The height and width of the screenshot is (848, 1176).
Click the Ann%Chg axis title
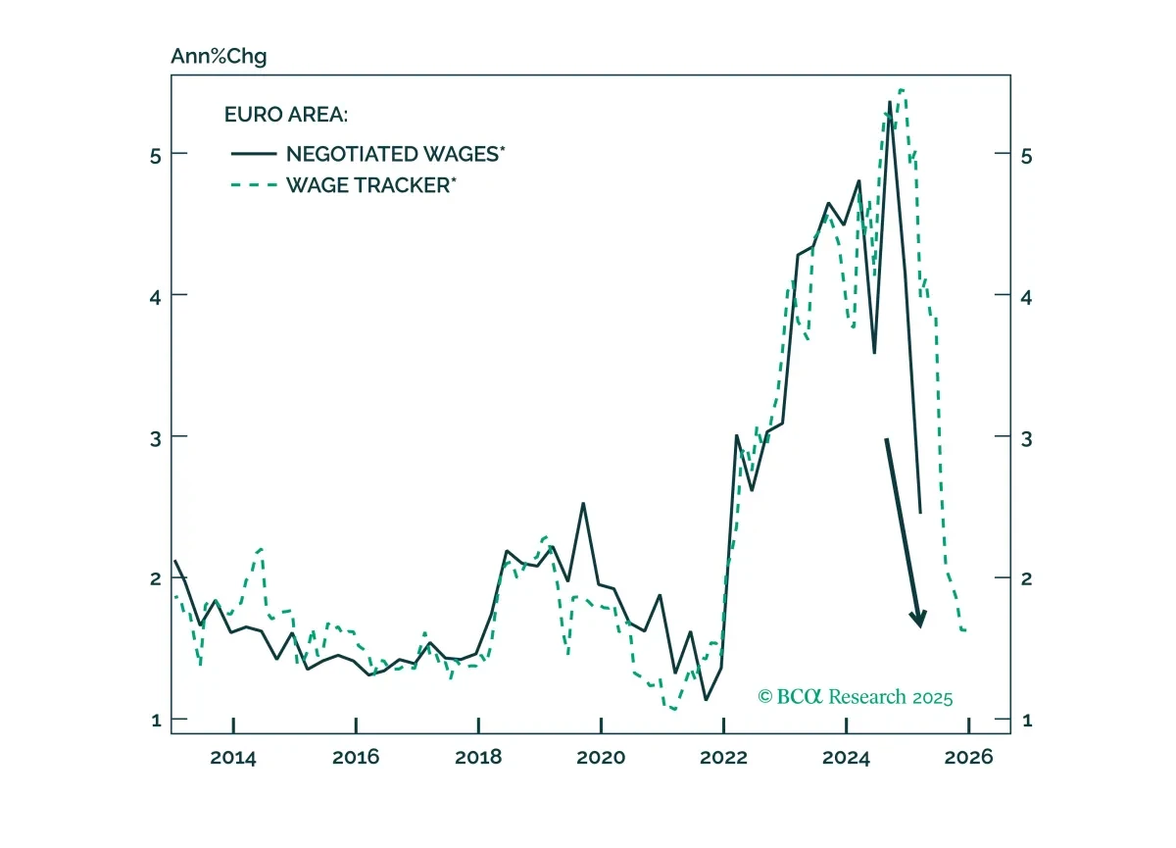(x=219, y=56)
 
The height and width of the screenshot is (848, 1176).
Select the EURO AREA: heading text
(x=286, y=115)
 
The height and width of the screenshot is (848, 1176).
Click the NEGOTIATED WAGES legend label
(x=395, y=154)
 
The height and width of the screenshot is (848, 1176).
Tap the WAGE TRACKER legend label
(x=371, y=185)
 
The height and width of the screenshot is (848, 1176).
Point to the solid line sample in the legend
(x=254, y=154)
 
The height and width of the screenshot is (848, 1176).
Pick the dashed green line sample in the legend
(x=254, y=185)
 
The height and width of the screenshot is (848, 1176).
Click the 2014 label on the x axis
(x=233, y=757)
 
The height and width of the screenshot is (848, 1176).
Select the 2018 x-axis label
(x=478, y=757)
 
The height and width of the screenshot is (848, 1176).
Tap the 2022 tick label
(x=723, y=757)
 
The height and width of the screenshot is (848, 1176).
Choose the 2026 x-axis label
(x=968, y=757)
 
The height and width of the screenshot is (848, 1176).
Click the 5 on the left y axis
(x=156, y=156)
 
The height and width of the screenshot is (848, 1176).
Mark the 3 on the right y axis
(x=1026, y=439)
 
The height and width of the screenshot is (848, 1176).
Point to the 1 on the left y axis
(x=156, y=720)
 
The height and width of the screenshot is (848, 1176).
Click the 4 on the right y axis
(x=1026, y=298)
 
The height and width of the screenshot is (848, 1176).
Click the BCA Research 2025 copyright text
(x=856, y=697)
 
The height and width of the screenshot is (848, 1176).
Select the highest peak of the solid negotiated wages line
(x=890, y=102)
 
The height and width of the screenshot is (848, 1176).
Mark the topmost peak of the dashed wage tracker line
(x=902, y=90)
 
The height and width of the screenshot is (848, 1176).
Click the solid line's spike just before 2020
(x=583, y=504)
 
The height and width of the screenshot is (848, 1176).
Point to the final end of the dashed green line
(x=966, y=630)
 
